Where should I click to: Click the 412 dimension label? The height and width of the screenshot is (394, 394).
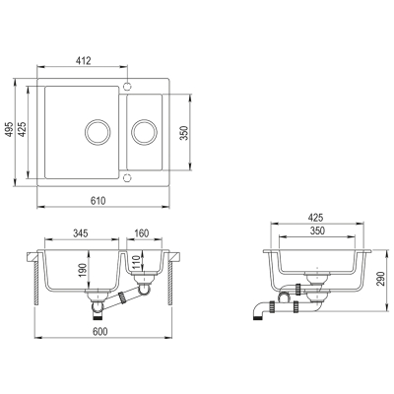(83, 61)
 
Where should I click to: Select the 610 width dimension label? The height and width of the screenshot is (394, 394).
(98, 201)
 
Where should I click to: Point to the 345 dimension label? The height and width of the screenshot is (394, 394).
(80, 233)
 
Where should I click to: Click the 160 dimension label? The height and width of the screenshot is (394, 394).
(142, 233)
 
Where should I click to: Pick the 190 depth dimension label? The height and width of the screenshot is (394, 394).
(83, 270)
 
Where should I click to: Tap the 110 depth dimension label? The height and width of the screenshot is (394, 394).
(137, 262)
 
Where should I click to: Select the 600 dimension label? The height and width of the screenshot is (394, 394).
(99, 332)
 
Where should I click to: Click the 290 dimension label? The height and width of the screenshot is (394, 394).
(381, 279)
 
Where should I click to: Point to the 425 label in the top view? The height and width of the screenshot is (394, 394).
(22, 129)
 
